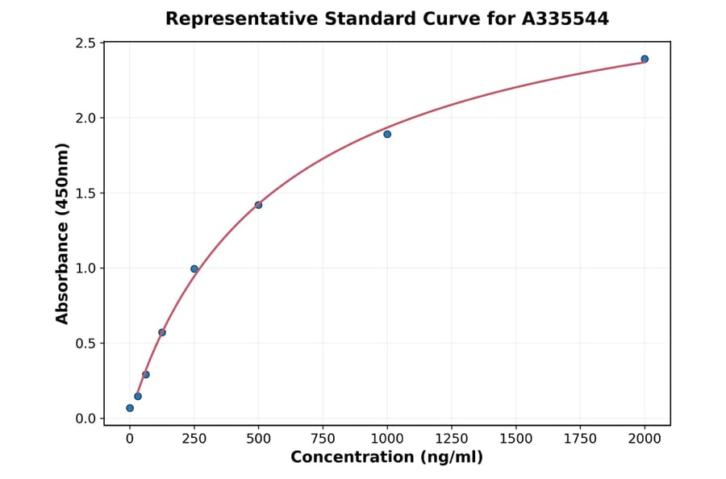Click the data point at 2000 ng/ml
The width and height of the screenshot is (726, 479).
tap(645, 59)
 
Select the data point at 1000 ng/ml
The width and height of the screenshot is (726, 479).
tap(387, 134)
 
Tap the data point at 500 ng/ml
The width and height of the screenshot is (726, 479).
tap(258, 205)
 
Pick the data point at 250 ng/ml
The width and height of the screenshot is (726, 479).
tap(194, 269)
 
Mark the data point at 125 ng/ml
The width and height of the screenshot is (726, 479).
tap(162, 332)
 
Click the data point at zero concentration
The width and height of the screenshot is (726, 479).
tap(130, 408)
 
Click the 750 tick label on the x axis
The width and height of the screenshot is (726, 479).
tap(323, 439)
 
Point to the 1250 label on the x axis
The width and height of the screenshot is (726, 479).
tap(452, 439)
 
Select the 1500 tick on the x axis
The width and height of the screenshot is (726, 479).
tap(516, 439)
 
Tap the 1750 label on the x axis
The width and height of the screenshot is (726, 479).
tap(580, 439)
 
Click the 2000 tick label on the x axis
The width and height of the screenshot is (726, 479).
tap(645, 439)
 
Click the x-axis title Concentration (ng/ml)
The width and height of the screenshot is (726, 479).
tap(387, 458)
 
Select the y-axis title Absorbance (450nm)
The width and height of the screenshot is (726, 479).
tap(62, 233)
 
